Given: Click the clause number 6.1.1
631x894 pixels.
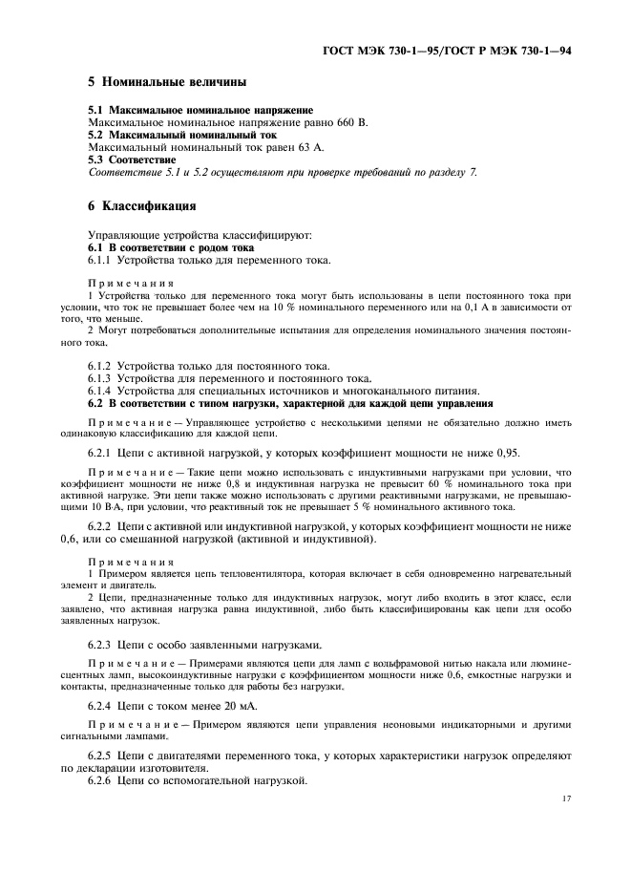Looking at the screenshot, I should point(101,260).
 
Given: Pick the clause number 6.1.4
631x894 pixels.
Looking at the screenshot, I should point(101,392).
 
